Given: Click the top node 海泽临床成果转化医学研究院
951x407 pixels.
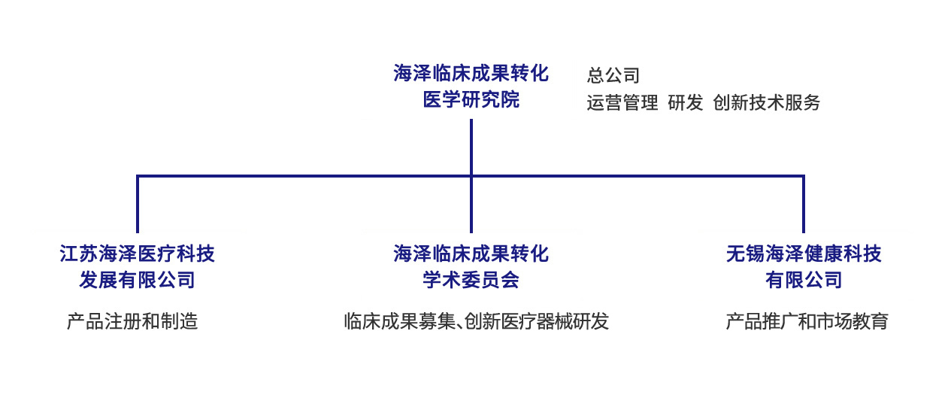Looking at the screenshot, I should pos(471,86).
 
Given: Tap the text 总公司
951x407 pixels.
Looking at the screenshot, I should pos(613,75).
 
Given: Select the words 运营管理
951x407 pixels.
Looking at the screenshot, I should pos(622,103).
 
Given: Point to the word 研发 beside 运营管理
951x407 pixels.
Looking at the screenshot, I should pos(685,103).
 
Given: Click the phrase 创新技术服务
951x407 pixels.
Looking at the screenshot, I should pos(766,103).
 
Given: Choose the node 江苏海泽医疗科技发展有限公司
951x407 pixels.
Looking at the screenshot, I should pos(138,266).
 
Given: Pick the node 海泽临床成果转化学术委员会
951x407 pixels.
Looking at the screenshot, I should pos(471,266).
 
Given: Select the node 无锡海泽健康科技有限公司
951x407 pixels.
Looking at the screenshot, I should pos(804,266).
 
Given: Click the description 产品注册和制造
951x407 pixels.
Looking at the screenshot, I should pos(132,321).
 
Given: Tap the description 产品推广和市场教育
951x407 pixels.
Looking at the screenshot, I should pos(807,321).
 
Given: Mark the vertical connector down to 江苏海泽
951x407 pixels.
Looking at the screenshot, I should pos(138,205).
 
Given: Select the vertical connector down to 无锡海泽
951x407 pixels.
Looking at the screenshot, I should pos(804,205).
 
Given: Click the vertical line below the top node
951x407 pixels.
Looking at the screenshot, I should pos(471,147).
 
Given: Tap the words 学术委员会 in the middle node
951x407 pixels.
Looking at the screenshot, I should pos(471,280).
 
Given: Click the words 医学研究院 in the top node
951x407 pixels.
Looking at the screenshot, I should pos(471,99).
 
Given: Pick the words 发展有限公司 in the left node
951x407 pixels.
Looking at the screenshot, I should pos(138,280).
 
